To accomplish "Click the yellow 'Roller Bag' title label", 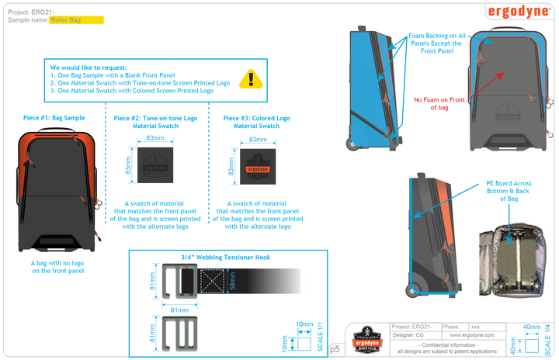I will click(x=76, y=19).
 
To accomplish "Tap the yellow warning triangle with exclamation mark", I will click(x=250, y=78).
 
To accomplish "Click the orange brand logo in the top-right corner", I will click(x=518, y=12).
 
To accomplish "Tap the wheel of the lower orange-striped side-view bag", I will click(x=410, y=289).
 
